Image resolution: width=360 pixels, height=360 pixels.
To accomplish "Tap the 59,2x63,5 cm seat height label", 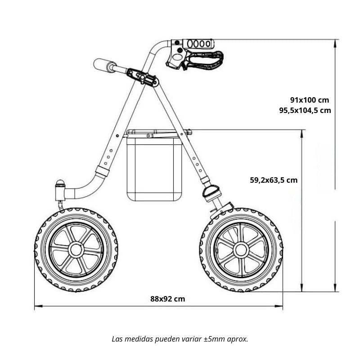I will [x=274, y=180].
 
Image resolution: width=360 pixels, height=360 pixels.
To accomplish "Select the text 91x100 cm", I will [x=310, y=99].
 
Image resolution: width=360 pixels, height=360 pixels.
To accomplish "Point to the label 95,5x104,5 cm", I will [x=305, y=110].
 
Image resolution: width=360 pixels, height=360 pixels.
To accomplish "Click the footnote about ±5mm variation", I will [x=180, y=338].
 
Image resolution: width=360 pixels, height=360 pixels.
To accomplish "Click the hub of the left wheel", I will [x=75, y=249].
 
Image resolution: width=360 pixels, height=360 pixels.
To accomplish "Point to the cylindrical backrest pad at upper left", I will [x=104, y=65].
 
